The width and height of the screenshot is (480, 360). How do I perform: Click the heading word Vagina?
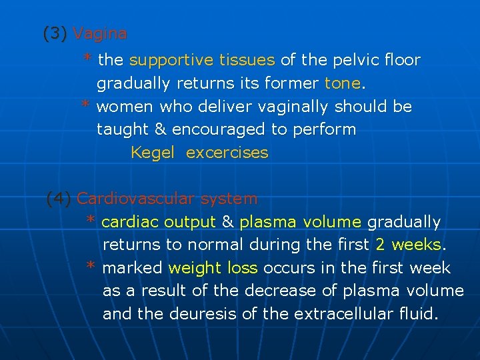[100, 33]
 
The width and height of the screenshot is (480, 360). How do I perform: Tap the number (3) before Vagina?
[55, 33]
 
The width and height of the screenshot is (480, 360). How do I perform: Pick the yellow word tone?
[342, 84]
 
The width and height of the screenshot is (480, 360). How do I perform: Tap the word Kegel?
[153, 153]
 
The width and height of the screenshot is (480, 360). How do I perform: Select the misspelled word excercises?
[227, 153]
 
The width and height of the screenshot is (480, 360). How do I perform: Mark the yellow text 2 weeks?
[408, 245]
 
